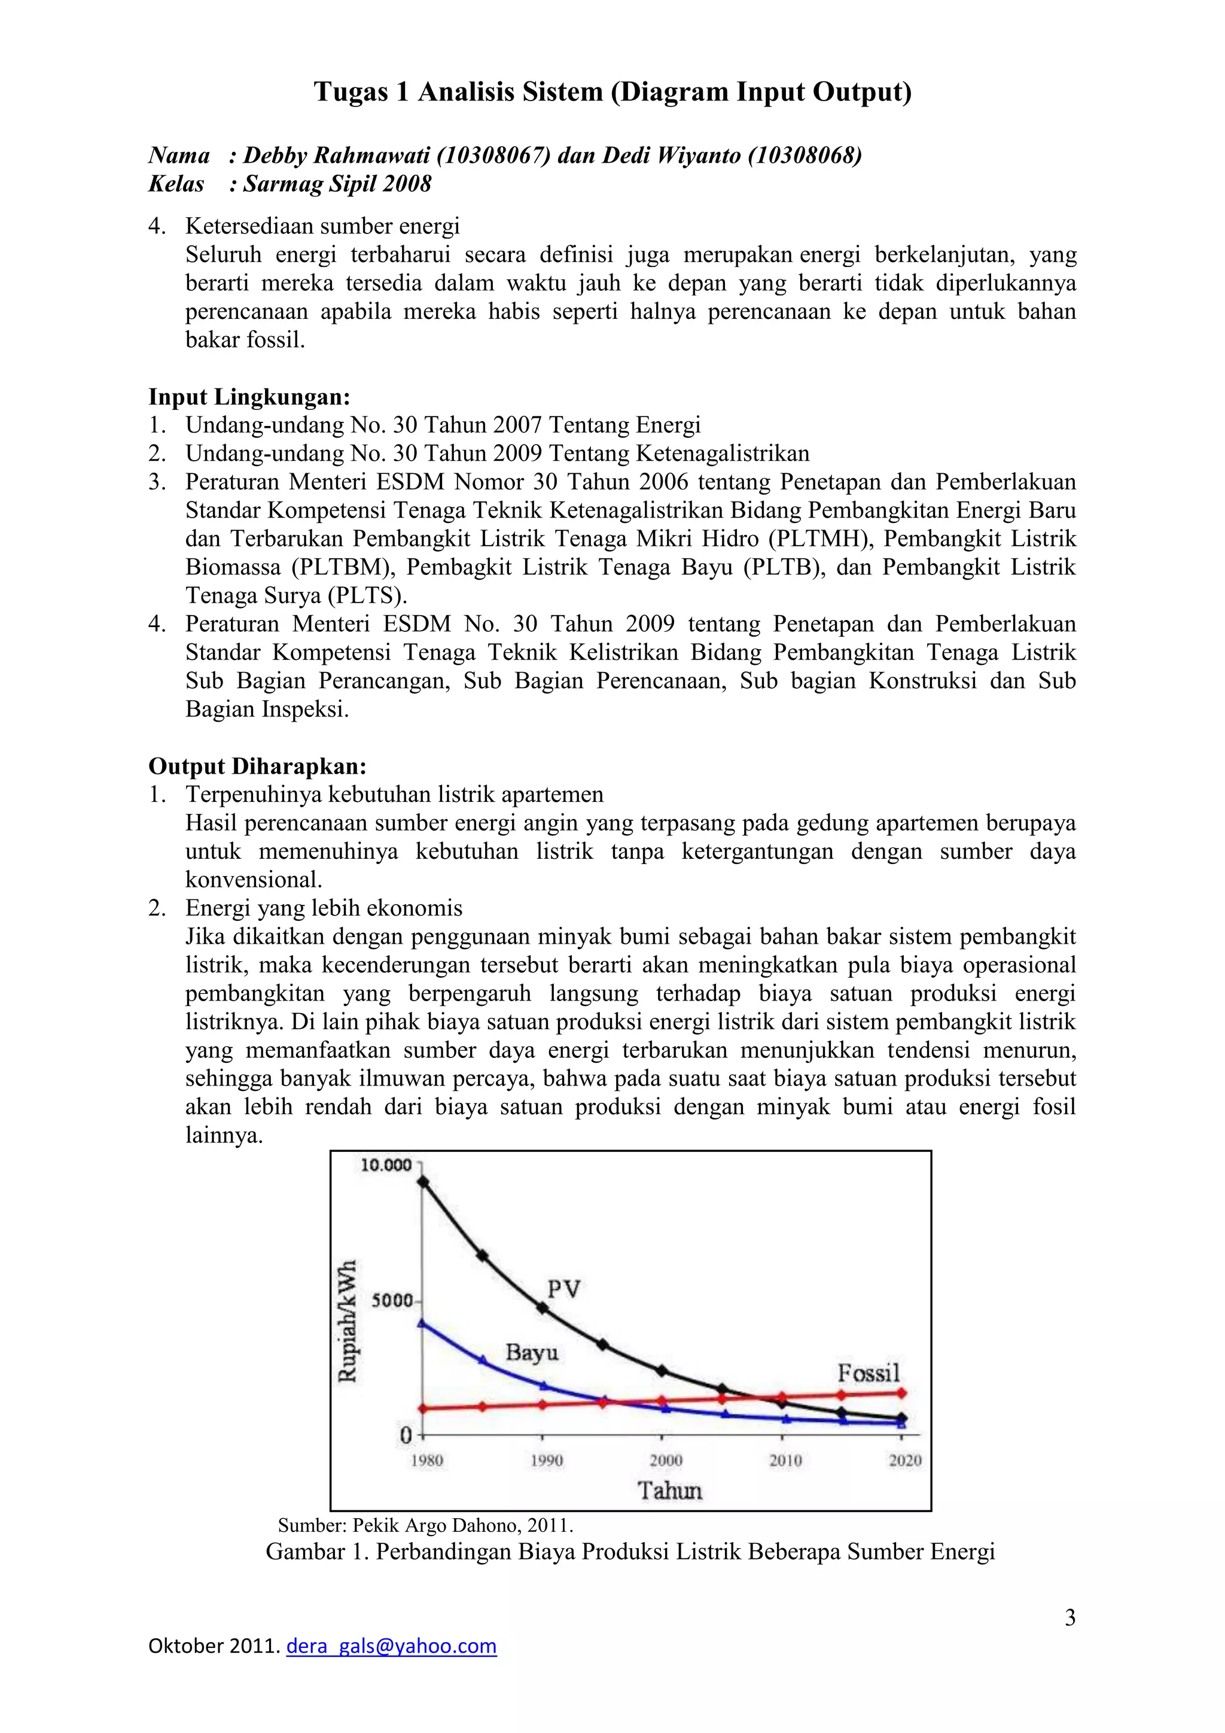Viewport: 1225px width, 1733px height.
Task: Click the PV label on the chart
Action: tap(563, 1288)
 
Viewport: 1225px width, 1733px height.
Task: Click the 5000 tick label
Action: tap(392, 1300)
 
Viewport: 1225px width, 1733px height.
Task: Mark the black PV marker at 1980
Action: tap(423, 1182)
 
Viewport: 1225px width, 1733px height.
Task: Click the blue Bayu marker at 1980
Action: tap(422, 1323)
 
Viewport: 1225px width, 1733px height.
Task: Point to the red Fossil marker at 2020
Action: tap(901, 1393)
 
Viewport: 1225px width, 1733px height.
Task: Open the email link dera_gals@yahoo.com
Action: tap(392, 1646)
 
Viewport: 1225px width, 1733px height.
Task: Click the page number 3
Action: tap(1069, 1618)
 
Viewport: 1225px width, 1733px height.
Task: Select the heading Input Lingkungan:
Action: tap(249, 396)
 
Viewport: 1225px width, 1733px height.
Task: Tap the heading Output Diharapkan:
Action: tap(257, 766)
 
